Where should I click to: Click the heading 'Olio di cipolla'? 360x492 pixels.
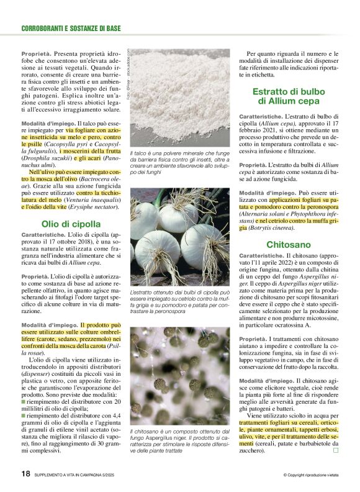(62, 223)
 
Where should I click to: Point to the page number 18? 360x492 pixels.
(25, 473)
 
